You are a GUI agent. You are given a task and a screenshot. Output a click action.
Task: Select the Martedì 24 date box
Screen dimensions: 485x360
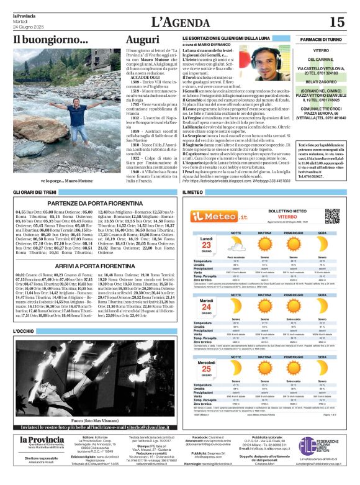[x=205, y=307]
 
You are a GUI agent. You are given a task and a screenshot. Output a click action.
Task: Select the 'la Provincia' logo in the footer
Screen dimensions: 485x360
[x=37, y=441]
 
